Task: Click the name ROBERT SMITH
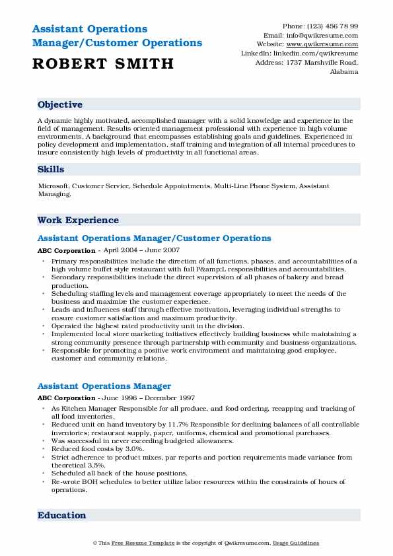(102, 64)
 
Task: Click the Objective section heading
(60, 105)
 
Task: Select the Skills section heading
(51, 170)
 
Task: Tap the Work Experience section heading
(78, 221)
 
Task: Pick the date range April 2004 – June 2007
(139, 251)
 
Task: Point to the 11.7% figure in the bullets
(176, 425)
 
